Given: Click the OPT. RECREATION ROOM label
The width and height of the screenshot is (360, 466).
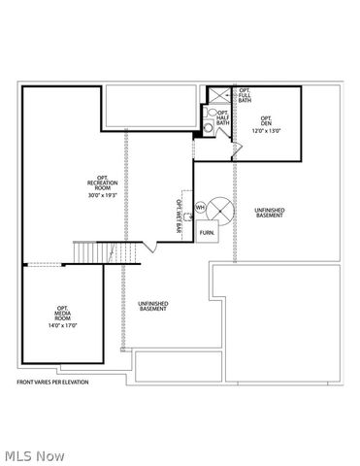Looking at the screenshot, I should (102, 182).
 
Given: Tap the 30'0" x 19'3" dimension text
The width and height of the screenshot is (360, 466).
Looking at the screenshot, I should (102, 196).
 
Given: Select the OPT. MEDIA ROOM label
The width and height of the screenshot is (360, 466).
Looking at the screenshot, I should (62, 314).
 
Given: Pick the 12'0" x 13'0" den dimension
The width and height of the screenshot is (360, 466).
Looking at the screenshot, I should (264, 130).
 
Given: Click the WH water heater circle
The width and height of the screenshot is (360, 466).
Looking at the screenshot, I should (200, 208).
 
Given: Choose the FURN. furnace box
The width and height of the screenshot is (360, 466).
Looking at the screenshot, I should (207, 233).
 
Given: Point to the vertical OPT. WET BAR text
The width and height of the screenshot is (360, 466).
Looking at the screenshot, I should (180, 216).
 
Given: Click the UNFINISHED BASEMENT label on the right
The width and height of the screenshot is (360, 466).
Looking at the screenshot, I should (269, 213).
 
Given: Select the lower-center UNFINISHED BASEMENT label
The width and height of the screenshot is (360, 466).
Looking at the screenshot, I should (153, 307).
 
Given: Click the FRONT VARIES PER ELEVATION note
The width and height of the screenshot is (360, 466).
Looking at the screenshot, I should (52, 383).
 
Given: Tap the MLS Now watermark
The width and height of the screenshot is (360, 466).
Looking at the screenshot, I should (34, 454).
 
